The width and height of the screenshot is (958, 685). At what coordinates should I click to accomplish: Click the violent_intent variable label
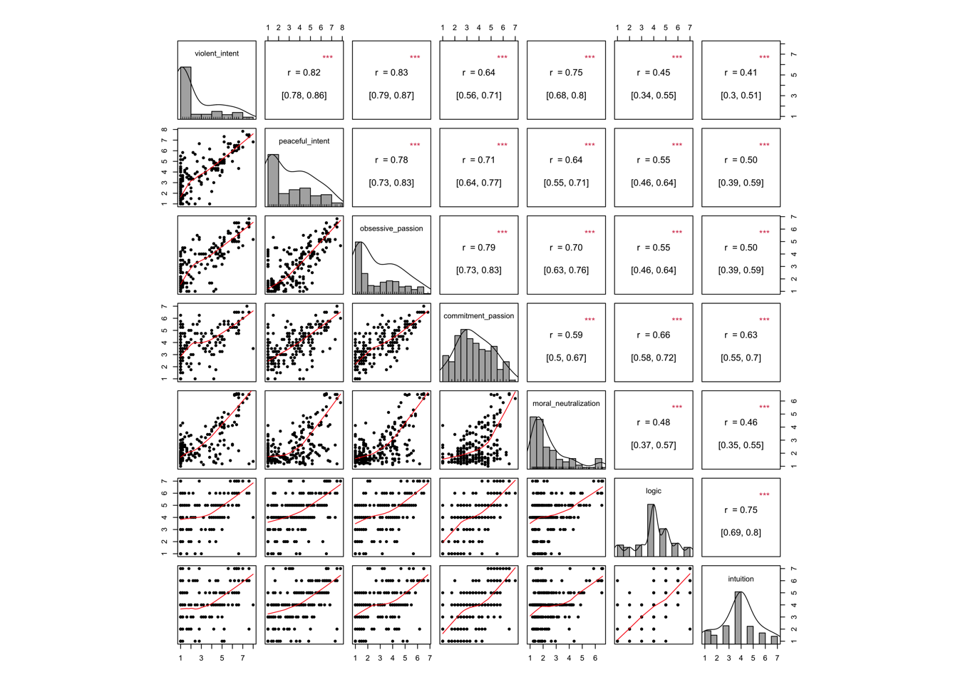point(217,54)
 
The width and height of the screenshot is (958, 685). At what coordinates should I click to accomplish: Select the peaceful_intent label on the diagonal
point(304,141)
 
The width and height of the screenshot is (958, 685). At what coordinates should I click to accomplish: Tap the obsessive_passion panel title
point(391,229)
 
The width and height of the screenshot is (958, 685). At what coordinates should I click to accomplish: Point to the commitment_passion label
point(478,316)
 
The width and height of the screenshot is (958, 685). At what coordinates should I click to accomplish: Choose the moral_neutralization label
point(566,404)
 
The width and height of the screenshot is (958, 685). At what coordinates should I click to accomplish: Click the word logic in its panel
point(653,491)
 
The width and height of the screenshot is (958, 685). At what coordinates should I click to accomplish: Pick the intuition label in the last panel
point(741,579)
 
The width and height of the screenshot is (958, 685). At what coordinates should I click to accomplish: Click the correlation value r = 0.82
point(304,73)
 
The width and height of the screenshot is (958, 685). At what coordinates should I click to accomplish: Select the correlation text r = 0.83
point(391,73)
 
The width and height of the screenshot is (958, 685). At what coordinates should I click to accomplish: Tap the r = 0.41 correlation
point(741,73)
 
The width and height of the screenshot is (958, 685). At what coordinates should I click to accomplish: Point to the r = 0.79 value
point(478,248)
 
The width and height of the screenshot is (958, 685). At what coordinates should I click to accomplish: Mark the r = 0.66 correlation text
point(653,335)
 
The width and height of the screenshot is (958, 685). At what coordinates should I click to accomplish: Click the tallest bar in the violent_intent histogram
point(185,93)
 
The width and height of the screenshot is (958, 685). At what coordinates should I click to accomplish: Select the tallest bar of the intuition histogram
point(738,617)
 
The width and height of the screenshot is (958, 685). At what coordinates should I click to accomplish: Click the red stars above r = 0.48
point(676,407)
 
